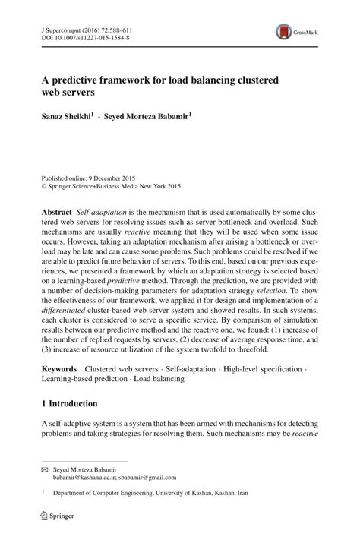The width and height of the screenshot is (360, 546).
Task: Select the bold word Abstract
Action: click(x=58, y=209)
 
